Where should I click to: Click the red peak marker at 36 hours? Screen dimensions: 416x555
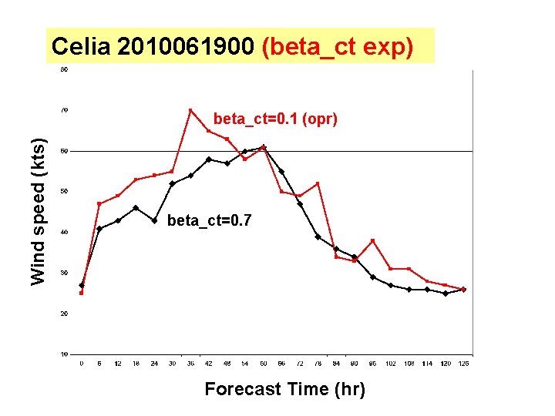[x=190, y=110]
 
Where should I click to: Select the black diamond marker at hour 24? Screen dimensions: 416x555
[x=154, y=220]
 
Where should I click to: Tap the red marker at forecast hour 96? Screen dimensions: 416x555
[x=373, y=240]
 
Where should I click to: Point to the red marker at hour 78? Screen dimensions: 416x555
[x=318, y=183]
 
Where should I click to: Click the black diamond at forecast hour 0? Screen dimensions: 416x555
[x=82, y=285]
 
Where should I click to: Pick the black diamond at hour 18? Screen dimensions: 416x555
[x=136, y=208]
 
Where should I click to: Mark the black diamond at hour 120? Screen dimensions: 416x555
[x=446, y=294]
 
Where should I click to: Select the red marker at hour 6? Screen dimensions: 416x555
[x=99, y=203]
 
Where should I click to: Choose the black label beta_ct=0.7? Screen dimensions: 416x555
[x=208, y=221]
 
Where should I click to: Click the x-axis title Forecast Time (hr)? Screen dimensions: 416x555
[x=284, y=390]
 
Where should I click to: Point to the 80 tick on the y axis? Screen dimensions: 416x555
[x=63, y=70]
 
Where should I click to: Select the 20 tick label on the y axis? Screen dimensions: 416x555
[x=63, y=314]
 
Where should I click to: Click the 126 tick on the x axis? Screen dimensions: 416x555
[x=464, y=363]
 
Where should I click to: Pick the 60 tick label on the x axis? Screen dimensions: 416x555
[x=264, y=363]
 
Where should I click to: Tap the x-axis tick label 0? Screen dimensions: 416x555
[x=82, y=363]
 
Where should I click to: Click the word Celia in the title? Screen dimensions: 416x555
[x=82, y=47]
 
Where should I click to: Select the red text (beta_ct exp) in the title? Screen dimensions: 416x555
[x=338, y=47]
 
